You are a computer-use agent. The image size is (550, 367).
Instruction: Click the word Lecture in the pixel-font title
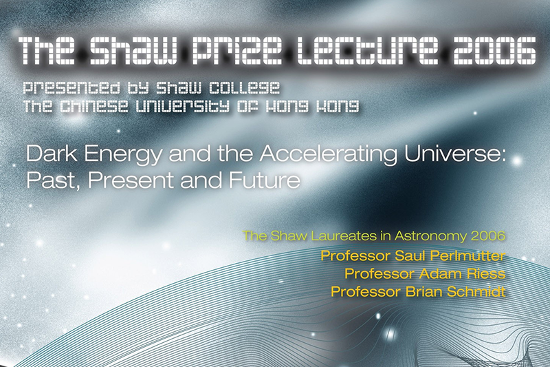(365, 51)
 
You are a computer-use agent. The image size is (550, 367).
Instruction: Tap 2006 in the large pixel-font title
(490, 51)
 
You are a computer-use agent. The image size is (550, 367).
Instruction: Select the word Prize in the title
(236, 51)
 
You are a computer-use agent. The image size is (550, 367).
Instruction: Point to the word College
(244, 89)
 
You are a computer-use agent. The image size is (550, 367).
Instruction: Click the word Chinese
(93, 107)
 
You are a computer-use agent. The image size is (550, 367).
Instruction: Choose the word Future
(265, 180)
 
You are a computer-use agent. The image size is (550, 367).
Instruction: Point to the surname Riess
(486, 273)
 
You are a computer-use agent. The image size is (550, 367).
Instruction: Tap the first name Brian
(423, 291)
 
